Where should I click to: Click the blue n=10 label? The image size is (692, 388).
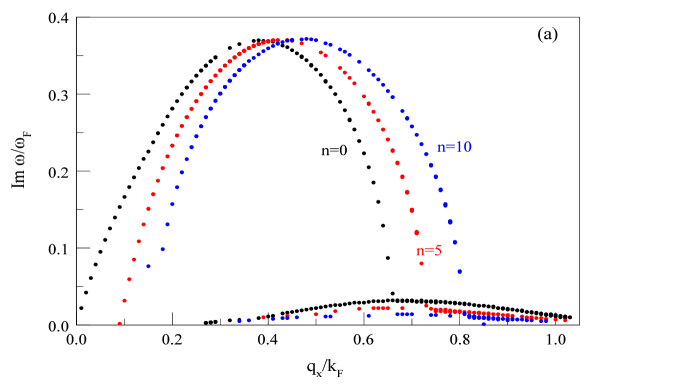[x=454, y=148]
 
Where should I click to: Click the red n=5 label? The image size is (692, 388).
[x=429, y=250]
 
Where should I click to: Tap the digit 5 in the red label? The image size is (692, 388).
[x=437, y=250]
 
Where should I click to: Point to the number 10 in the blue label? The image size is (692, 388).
[x=463, y=148]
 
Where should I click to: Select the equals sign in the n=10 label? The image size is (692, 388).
[x=449, y=148]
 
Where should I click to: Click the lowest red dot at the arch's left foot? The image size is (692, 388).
[x=119, y=323]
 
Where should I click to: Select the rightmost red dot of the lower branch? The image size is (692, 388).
[x=565, y=321]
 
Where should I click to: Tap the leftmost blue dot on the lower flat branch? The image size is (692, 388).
[x=239, y=321]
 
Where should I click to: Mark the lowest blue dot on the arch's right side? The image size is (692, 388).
[x=459, y=271]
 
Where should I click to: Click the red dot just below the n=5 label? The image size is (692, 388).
[x=421, y=263]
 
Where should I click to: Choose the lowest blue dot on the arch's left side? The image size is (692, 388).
[x=148, y=266]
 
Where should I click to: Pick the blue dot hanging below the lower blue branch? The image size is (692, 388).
[x=483, y=324]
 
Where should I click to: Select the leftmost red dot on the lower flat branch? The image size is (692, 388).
[x=263, y=317]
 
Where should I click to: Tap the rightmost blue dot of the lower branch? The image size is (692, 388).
[x=546, y=321]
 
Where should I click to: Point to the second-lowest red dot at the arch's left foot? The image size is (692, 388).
[x=124, y=300]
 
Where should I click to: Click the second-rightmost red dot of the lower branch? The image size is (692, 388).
[x=556, y=320]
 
